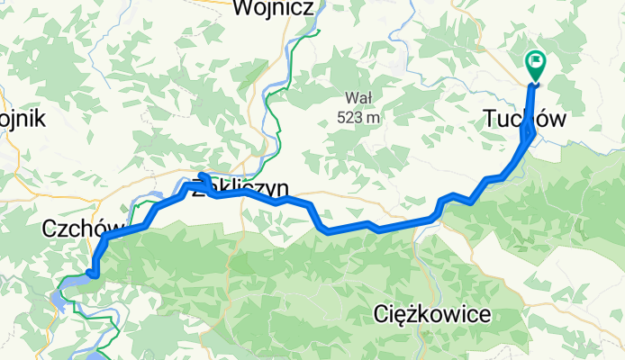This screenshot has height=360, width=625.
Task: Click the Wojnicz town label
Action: click(x=273, y=9)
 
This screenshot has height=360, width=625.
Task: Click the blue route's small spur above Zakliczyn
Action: click(x=203, y=175)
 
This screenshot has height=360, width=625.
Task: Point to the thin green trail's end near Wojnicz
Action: click(x=319, y=31)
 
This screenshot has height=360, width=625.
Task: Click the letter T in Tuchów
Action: click(x=490, y=119)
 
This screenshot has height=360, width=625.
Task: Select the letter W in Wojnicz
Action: click(x=242, y=9)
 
